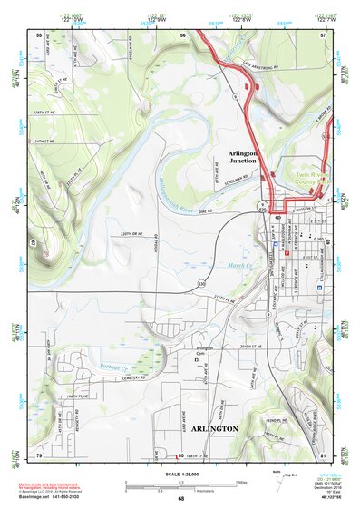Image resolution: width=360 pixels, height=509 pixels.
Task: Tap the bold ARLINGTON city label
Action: click(x=214, y=427)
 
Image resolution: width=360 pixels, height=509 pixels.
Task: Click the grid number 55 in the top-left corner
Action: click(x=39, y=34)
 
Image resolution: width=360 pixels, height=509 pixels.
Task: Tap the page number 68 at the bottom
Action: click(x=180, y=498)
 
